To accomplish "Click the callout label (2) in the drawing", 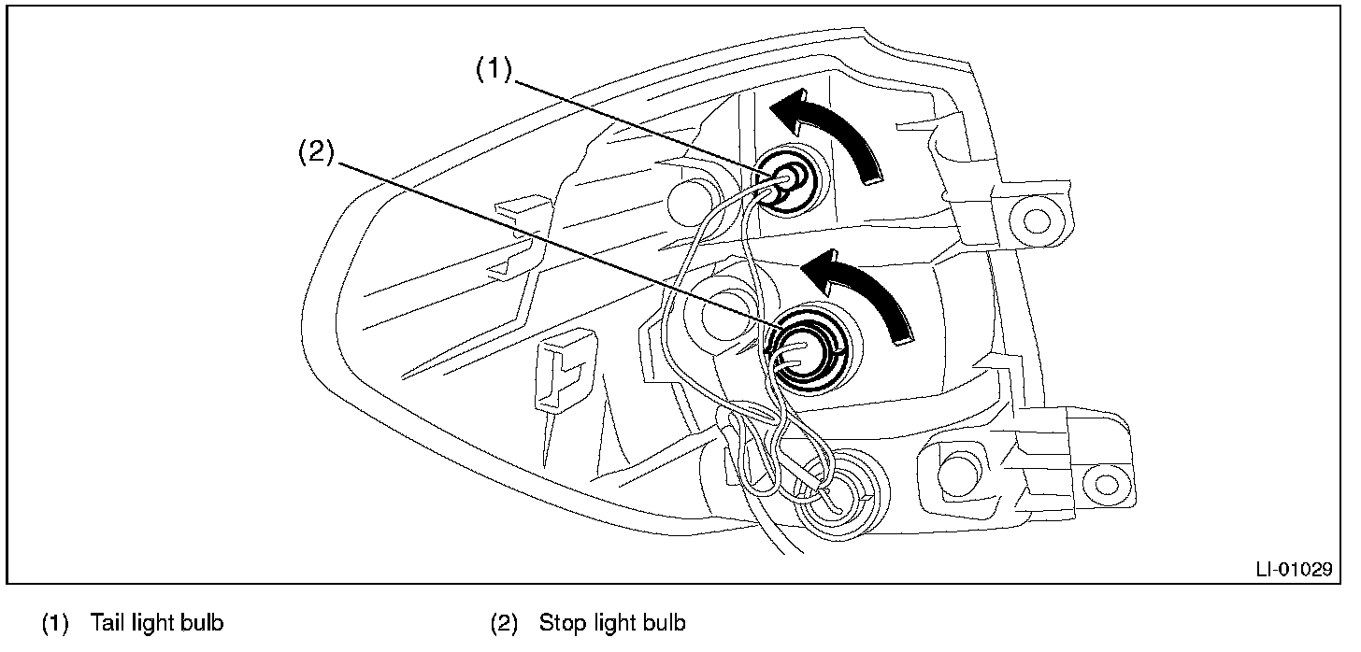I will (316, 154).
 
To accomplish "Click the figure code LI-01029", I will (1294, 569).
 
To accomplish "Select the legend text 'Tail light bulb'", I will (156, 623).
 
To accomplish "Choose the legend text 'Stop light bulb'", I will (612, 623).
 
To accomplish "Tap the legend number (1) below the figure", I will (55, 623).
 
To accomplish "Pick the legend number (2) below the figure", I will (506, 623).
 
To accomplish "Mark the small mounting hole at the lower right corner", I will (1106, 485).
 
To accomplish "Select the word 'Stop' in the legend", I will (559, 623).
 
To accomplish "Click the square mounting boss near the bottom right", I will (956, 467).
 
